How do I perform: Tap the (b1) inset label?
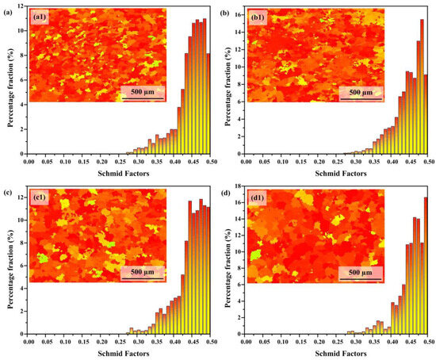[x=262, y=15]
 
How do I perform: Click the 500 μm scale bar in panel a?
[x=142, y=92]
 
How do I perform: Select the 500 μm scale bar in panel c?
[x=142, y=272]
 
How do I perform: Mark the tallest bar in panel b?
[x=422, y=87]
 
